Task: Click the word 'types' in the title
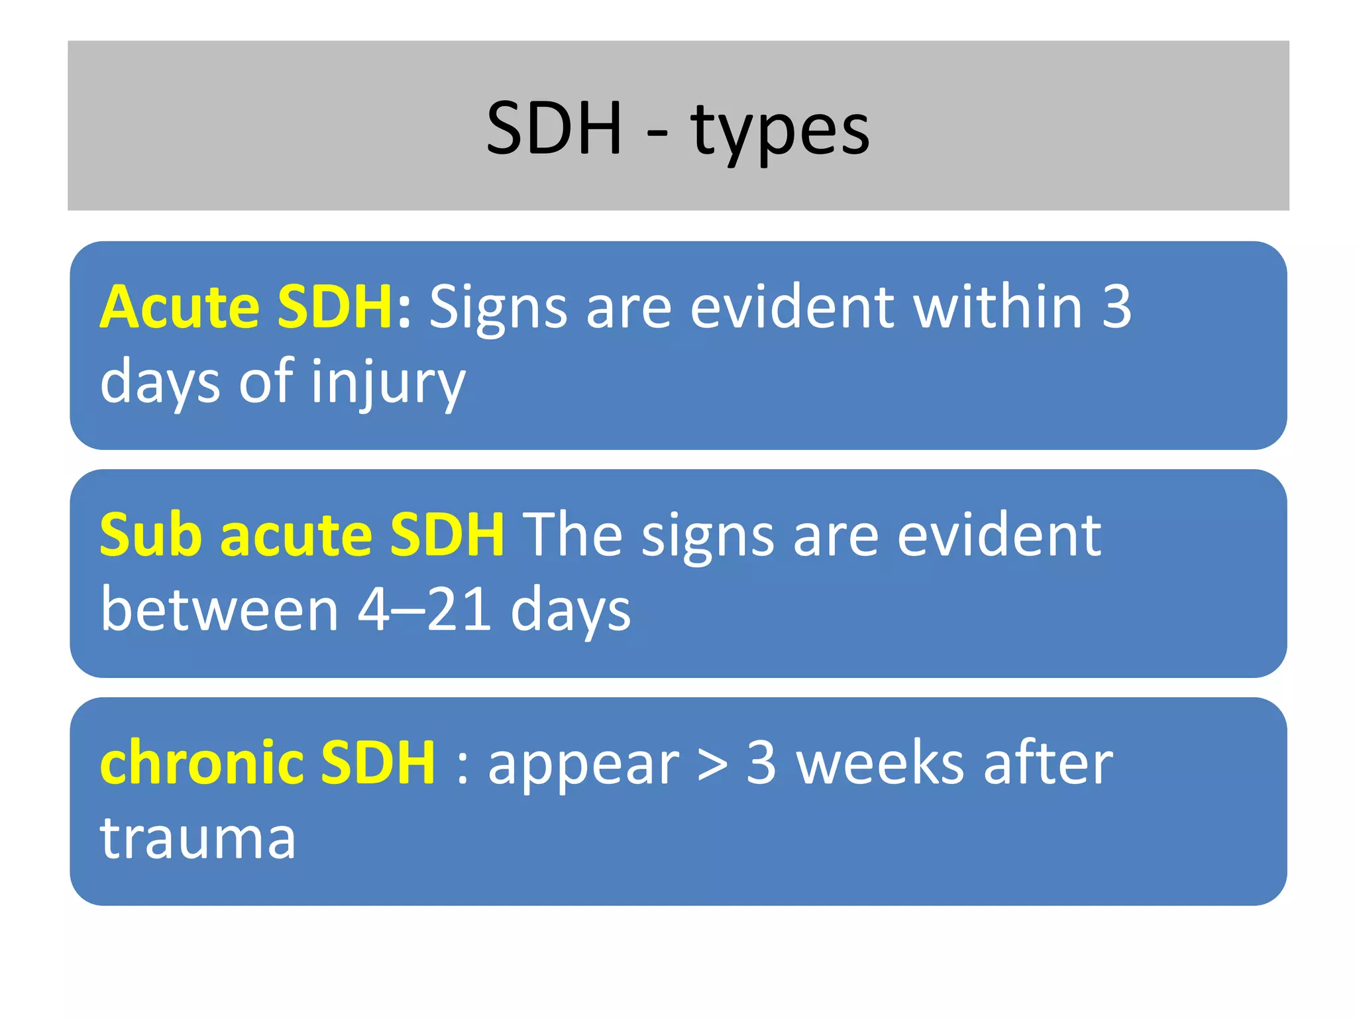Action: coord(780,131)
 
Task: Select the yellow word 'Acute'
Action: coord(180,306)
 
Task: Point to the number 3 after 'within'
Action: coord(1117,306)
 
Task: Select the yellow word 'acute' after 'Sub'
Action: coord(296,536)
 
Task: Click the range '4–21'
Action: coord(424,610)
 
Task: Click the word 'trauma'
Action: coord(197,838)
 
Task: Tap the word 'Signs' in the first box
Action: coord(498,308)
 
